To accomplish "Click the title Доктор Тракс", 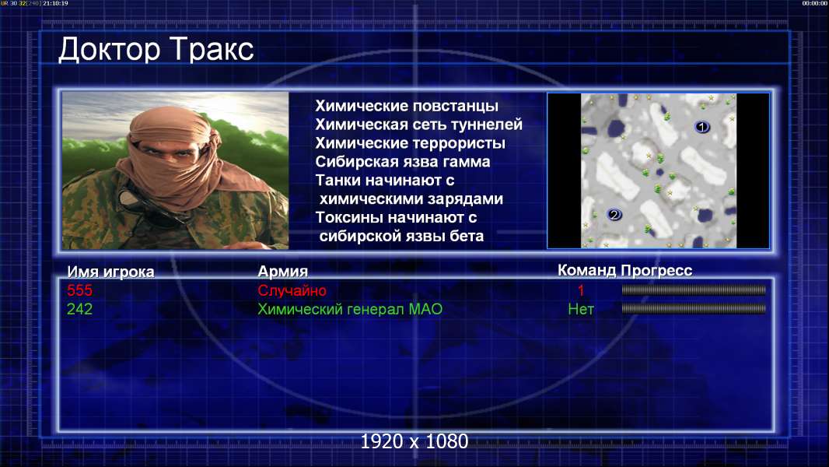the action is (x=156, y=51).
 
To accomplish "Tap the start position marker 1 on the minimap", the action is (x=701, y=127).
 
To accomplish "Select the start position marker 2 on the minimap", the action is (x=614, y=214).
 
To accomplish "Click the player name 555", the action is (x=79, y=290).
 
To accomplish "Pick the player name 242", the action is (x=79, y=309).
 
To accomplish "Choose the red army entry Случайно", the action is (x=292, y=290).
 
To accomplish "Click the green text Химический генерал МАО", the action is (x=350, y=309).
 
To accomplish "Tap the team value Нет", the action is (x=580, y=309).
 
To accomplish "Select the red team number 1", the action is (x=580, y=290).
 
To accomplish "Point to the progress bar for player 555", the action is (x=694, y=290).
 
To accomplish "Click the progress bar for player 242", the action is (x=694, y=308).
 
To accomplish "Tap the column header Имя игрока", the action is (x=110, y=272).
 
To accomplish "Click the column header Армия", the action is (x=282, y=272).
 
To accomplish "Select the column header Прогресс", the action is (x=656, y=271).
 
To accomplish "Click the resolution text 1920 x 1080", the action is (x=414, y=441).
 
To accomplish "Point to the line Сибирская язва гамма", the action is (x=403, y=162).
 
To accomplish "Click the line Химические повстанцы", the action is (x=407, y=106).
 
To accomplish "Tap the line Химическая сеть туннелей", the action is (x=418, y=125).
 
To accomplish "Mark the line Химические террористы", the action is (x=411, y=143).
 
